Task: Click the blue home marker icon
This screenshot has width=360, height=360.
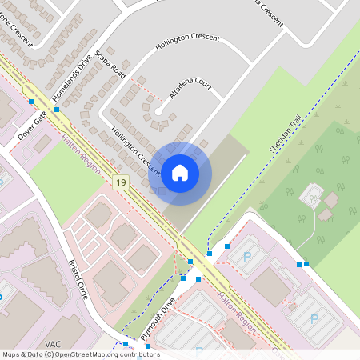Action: [180, 172]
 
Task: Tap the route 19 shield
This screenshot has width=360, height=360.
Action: [121, 183]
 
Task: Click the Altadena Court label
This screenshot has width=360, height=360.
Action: [190, 85]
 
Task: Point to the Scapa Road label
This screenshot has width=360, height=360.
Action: [110, 64]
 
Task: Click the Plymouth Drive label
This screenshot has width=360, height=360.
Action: [158, 320]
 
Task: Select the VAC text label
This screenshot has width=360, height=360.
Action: [53, 344]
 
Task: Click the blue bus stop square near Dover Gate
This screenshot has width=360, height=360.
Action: [30, 102]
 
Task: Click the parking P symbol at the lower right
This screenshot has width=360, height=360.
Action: [314, 318]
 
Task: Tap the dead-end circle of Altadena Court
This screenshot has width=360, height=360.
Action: [158, 110]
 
